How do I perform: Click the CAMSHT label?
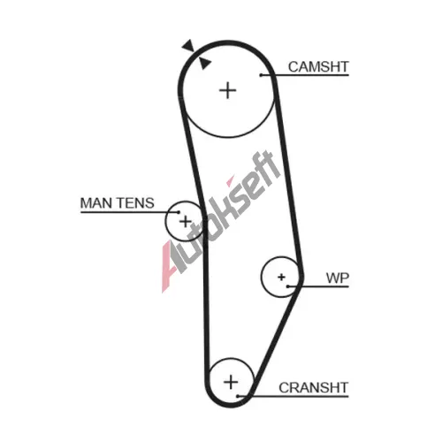click(x=318, y=67)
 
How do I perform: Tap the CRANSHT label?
click(x=314, y=387)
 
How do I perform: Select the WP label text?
click(x=338, y=278)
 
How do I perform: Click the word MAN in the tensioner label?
click(x=96, y=203)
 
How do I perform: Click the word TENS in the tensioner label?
click(x=135, y=203)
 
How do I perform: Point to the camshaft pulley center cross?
click(x=228, y=90)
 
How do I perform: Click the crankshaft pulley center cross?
click(x=231, y=382)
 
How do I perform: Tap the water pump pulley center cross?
click(x=281, y=277)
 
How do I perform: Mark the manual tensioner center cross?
click(x=186, y=221)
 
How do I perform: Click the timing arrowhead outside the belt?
click(x=188, y=46)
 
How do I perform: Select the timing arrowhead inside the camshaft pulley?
click(x=204, y=63)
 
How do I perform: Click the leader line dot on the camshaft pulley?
click(x=261, y=75)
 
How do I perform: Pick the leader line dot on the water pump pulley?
click(x=288, y=286)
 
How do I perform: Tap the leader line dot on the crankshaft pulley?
click(x=238, y=396)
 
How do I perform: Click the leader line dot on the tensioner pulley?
click(x=179, y=212)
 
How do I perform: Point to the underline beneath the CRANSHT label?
click(x=293, y=397)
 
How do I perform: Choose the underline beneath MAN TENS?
click(x=130, y=212)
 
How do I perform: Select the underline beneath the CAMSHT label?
click(x=305, y=75)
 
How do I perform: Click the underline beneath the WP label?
click(x=318, y=286)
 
